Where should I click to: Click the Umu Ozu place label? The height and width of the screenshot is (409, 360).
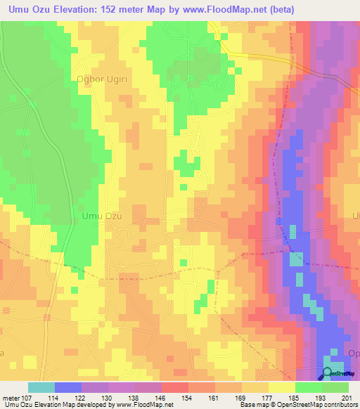[102, 216]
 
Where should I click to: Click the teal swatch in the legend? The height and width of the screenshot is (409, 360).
[41, 387]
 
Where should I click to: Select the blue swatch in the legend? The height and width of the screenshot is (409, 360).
[67, 387]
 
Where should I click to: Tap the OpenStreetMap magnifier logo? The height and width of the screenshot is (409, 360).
[328, 374]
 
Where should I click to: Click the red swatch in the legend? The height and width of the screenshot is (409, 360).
[174, 387]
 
